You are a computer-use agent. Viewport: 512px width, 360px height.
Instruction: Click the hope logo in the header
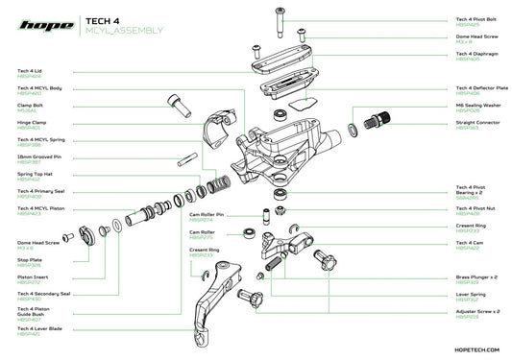point(42,22)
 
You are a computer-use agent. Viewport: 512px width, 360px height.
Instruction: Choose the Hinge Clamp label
point(32,124)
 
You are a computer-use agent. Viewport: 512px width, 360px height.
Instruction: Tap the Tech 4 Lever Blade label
point(39,329)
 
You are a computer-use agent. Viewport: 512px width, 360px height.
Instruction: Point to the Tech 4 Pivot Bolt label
point(475,18)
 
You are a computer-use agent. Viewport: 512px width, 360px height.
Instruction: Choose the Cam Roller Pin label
point(207,215)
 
